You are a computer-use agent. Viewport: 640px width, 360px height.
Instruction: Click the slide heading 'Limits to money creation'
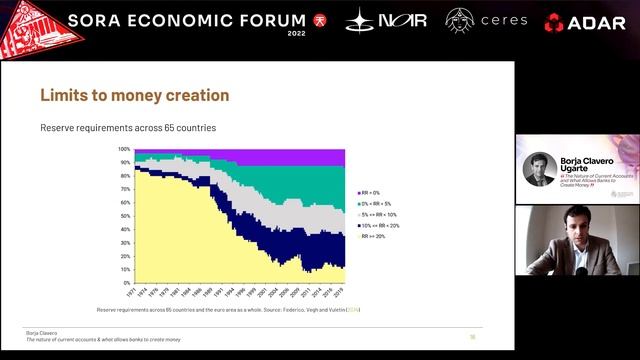pos(134,96)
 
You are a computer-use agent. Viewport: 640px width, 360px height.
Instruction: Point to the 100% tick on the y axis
pos(125,149)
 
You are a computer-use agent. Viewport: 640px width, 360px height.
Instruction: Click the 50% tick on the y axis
pos(125,216)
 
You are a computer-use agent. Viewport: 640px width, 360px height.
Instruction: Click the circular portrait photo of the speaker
pos(540,169)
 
